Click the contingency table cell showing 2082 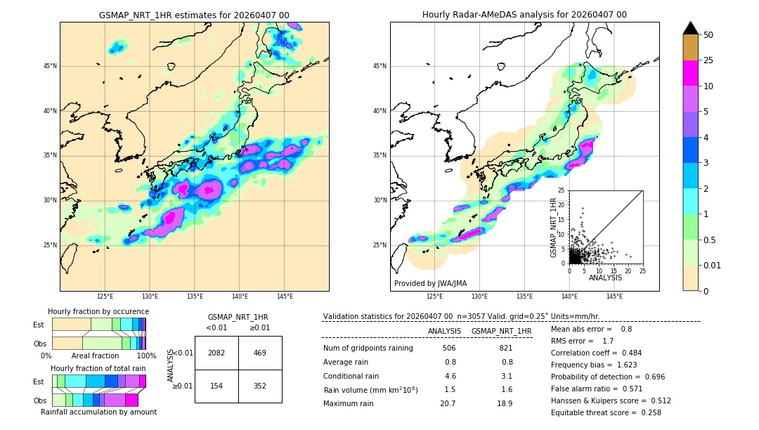216,353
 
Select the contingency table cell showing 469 259,353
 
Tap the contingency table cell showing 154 216,385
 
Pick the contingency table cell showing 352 259,385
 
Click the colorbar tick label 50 708,34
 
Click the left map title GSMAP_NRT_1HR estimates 194,15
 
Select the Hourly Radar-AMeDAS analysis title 524,15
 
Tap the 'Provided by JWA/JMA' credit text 430,283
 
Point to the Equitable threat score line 606,412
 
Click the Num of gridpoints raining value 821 505,348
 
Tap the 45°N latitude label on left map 50,66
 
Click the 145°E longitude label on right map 614,297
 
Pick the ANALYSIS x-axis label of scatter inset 605,278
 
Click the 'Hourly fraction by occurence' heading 98,311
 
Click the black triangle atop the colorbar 691,28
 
